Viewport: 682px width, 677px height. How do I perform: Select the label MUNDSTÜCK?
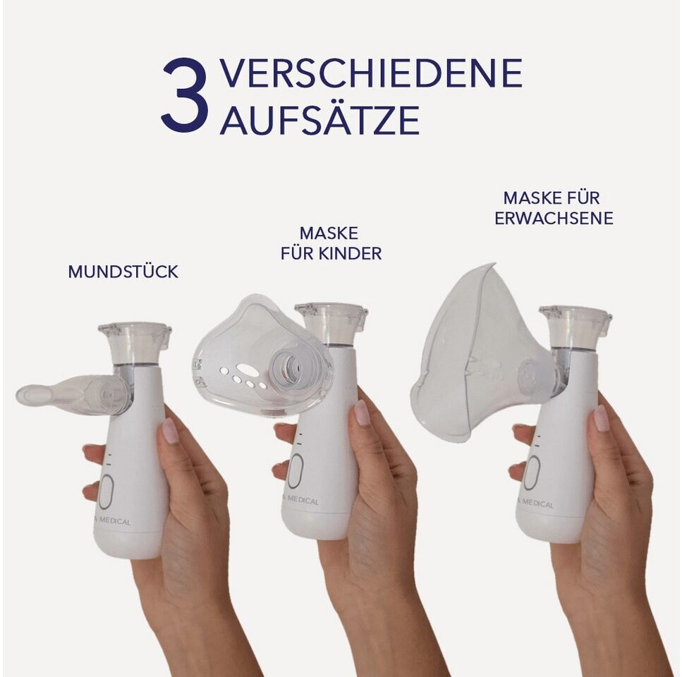[x=123, y=272]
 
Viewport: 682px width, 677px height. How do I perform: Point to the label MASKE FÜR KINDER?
[x=331, y=243]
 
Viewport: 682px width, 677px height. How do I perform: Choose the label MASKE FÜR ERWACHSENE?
[x=553, y=208]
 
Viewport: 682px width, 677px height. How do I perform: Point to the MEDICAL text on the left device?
[x=114, y=520]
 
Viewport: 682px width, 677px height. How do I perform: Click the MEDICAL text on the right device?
[x=537, y=504]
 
